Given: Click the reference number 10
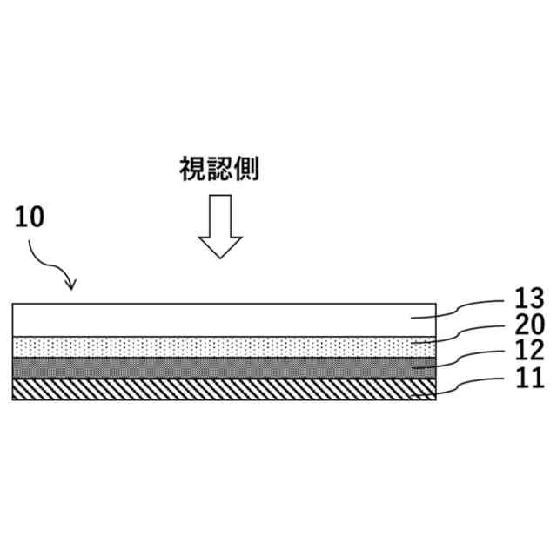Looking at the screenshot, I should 29,218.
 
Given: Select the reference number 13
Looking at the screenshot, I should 528,299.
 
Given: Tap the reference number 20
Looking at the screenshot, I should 528,325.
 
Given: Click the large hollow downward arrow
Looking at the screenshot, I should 219,225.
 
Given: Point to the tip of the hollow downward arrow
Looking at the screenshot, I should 219,257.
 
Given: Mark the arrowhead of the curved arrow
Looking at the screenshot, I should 72,285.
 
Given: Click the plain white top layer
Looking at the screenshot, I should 218,319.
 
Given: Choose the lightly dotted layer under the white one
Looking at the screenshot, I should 218,346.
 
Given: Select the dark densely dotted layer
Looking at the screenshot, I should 218,366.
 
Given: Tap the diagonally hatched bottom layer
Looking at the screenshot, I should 218,389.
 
